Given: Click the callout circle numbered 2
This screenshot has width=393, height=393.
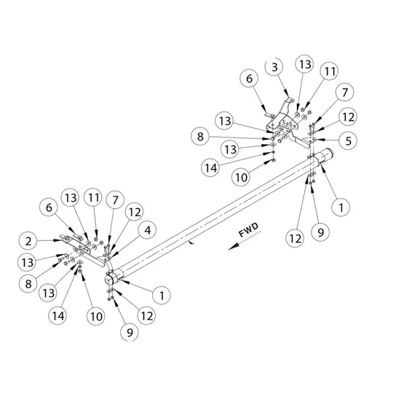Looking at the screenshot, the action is click(28, 241).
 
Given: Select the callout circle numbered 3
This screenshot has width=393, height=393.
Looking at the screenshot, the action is click(274, 67).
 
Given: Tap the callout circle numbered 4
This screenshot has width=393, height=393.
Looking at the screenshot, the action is click(148, 230).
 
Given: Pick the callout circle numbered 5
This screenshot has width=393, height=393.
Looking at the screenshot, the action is click(348, 140).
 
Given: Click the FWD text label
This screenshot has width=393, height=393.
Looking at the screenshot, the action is click(248, 230).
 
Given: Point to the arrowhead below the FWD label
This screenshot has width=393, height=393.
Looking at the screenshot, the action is click(233, 247).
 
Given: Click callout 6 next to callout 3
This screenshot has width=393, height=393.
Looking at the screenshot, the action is click(249, 79).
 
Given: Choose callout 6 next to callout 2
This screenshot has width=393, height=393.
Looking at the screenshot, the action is click(49, 207).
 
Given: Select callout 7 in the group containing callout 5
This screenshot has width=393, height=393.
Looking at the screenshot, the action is click(345, 92).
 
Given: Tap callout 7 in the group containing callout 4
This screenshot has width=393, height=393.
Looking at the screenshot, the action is click(115, 200).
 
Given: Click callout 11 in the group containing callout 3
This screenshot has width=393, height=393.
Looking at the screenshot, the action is click(329, 71).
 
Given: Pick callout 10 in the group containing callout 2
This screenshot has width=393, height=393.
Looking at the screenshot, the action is click(96, 317).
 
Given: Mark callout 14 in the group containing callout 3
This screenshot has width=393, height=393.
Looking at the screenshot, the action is click(210, 168).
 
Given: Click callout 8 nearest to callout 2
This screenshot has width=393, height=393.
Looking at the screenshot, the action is click(28, 284).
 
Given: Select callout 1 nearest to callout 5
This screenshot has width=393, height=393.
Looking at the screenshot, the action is click(341, 207).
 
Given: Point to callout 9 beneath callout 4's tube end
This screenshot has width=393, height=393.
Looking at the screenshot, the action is click(130, 333).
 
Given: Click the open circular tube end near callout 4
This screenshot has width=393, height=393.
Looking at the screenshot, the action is click(108, 279).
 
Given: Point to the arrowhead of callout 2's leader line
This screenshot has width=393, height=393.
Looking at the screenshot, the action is click(58, 241).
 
